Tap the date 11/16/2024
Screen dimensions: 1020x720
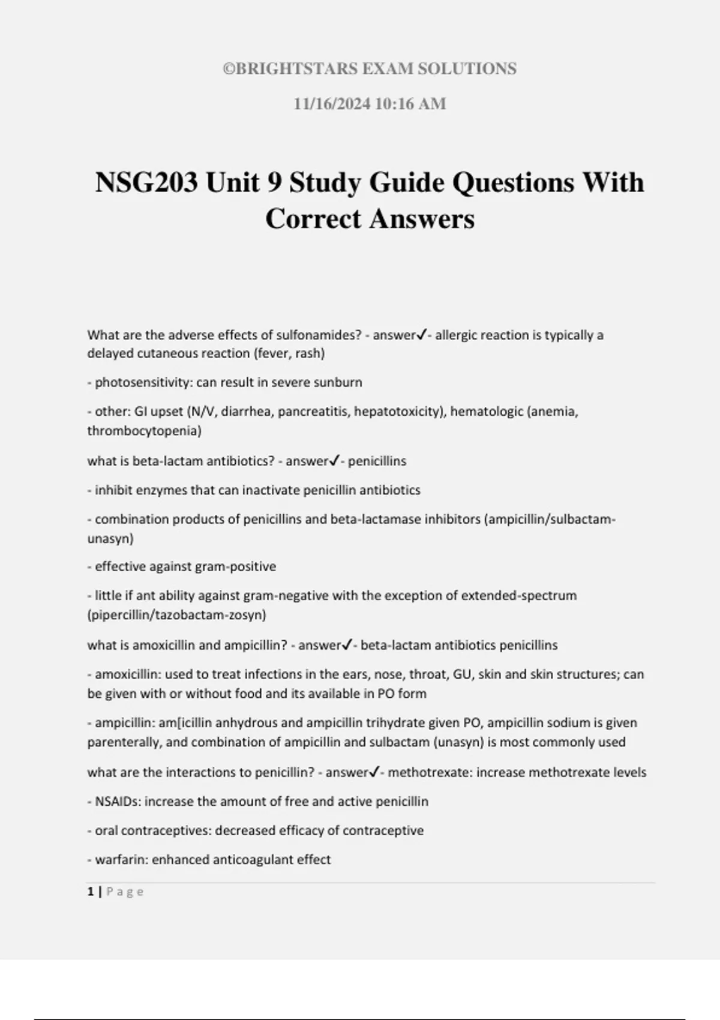[x=331, y=104]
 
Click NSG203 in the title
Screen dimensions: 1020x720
[x=146, y=182]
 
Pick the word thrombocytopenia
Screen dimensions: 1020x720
[x=145, y=431]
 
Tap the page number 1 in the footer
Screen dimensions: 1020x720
[x=91, y=892]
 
